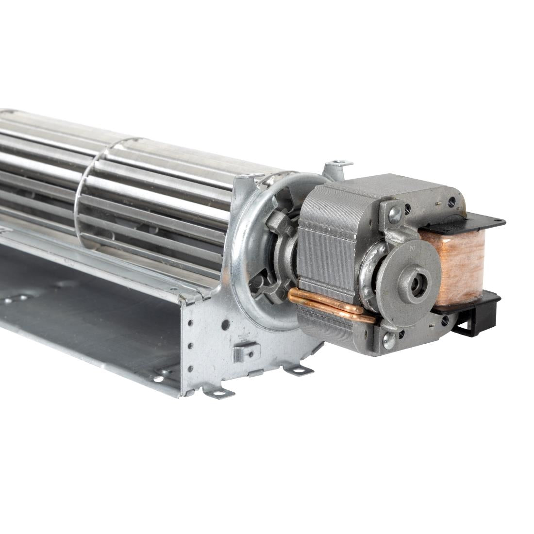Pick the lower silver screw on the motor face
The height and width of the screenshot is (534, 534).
pyautogui.click(x=388, y=340)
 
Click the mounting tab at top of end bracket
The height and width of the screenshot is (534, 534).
pyautogui.click(x=338, y=167)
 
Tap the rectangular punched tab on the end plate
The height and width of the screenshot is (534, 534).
pyautogui.click(x=246, y=351)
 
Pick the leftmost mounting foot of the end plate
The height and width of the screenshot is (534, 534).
pyautogui.click(x=219, y=392)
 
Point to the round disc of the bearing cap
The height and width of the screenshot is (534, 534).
pyautogui.click(x=408, y=282)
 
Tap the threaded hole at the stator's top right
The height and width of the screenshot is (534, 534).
pyautogui.click(x=451, y=200)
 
